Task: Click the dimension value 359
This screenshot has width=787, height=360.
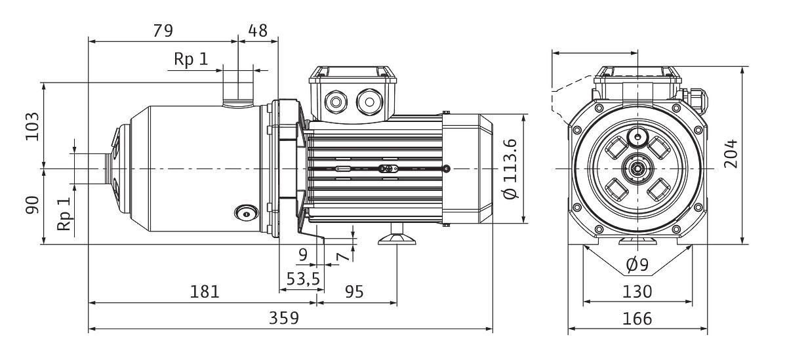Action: [x=284, y=318]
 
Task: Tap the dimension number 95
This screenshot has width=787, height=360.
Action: [x=353, y=291]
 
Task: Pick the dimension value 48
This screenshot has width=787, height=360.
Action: [x=257, y=30]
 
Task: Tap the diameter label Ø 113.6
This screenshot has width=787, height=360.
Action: [x=512, y=169]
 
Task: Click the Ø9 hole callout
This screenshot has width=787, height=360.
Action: [x=637, y=265]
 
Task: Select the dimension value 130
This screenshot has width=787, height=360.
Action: [x=637, y=291]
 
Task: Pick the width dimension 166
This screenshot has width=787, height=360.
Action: [x=637, y=318]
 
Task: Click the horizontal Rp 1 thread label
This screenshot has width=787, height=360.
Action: [x=190, y=59]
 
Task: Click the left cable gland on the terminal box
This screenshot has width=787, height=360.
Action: [x=337, y=102]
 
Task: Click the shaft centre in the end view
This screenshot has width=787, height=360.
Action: [x=637, y=169]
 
